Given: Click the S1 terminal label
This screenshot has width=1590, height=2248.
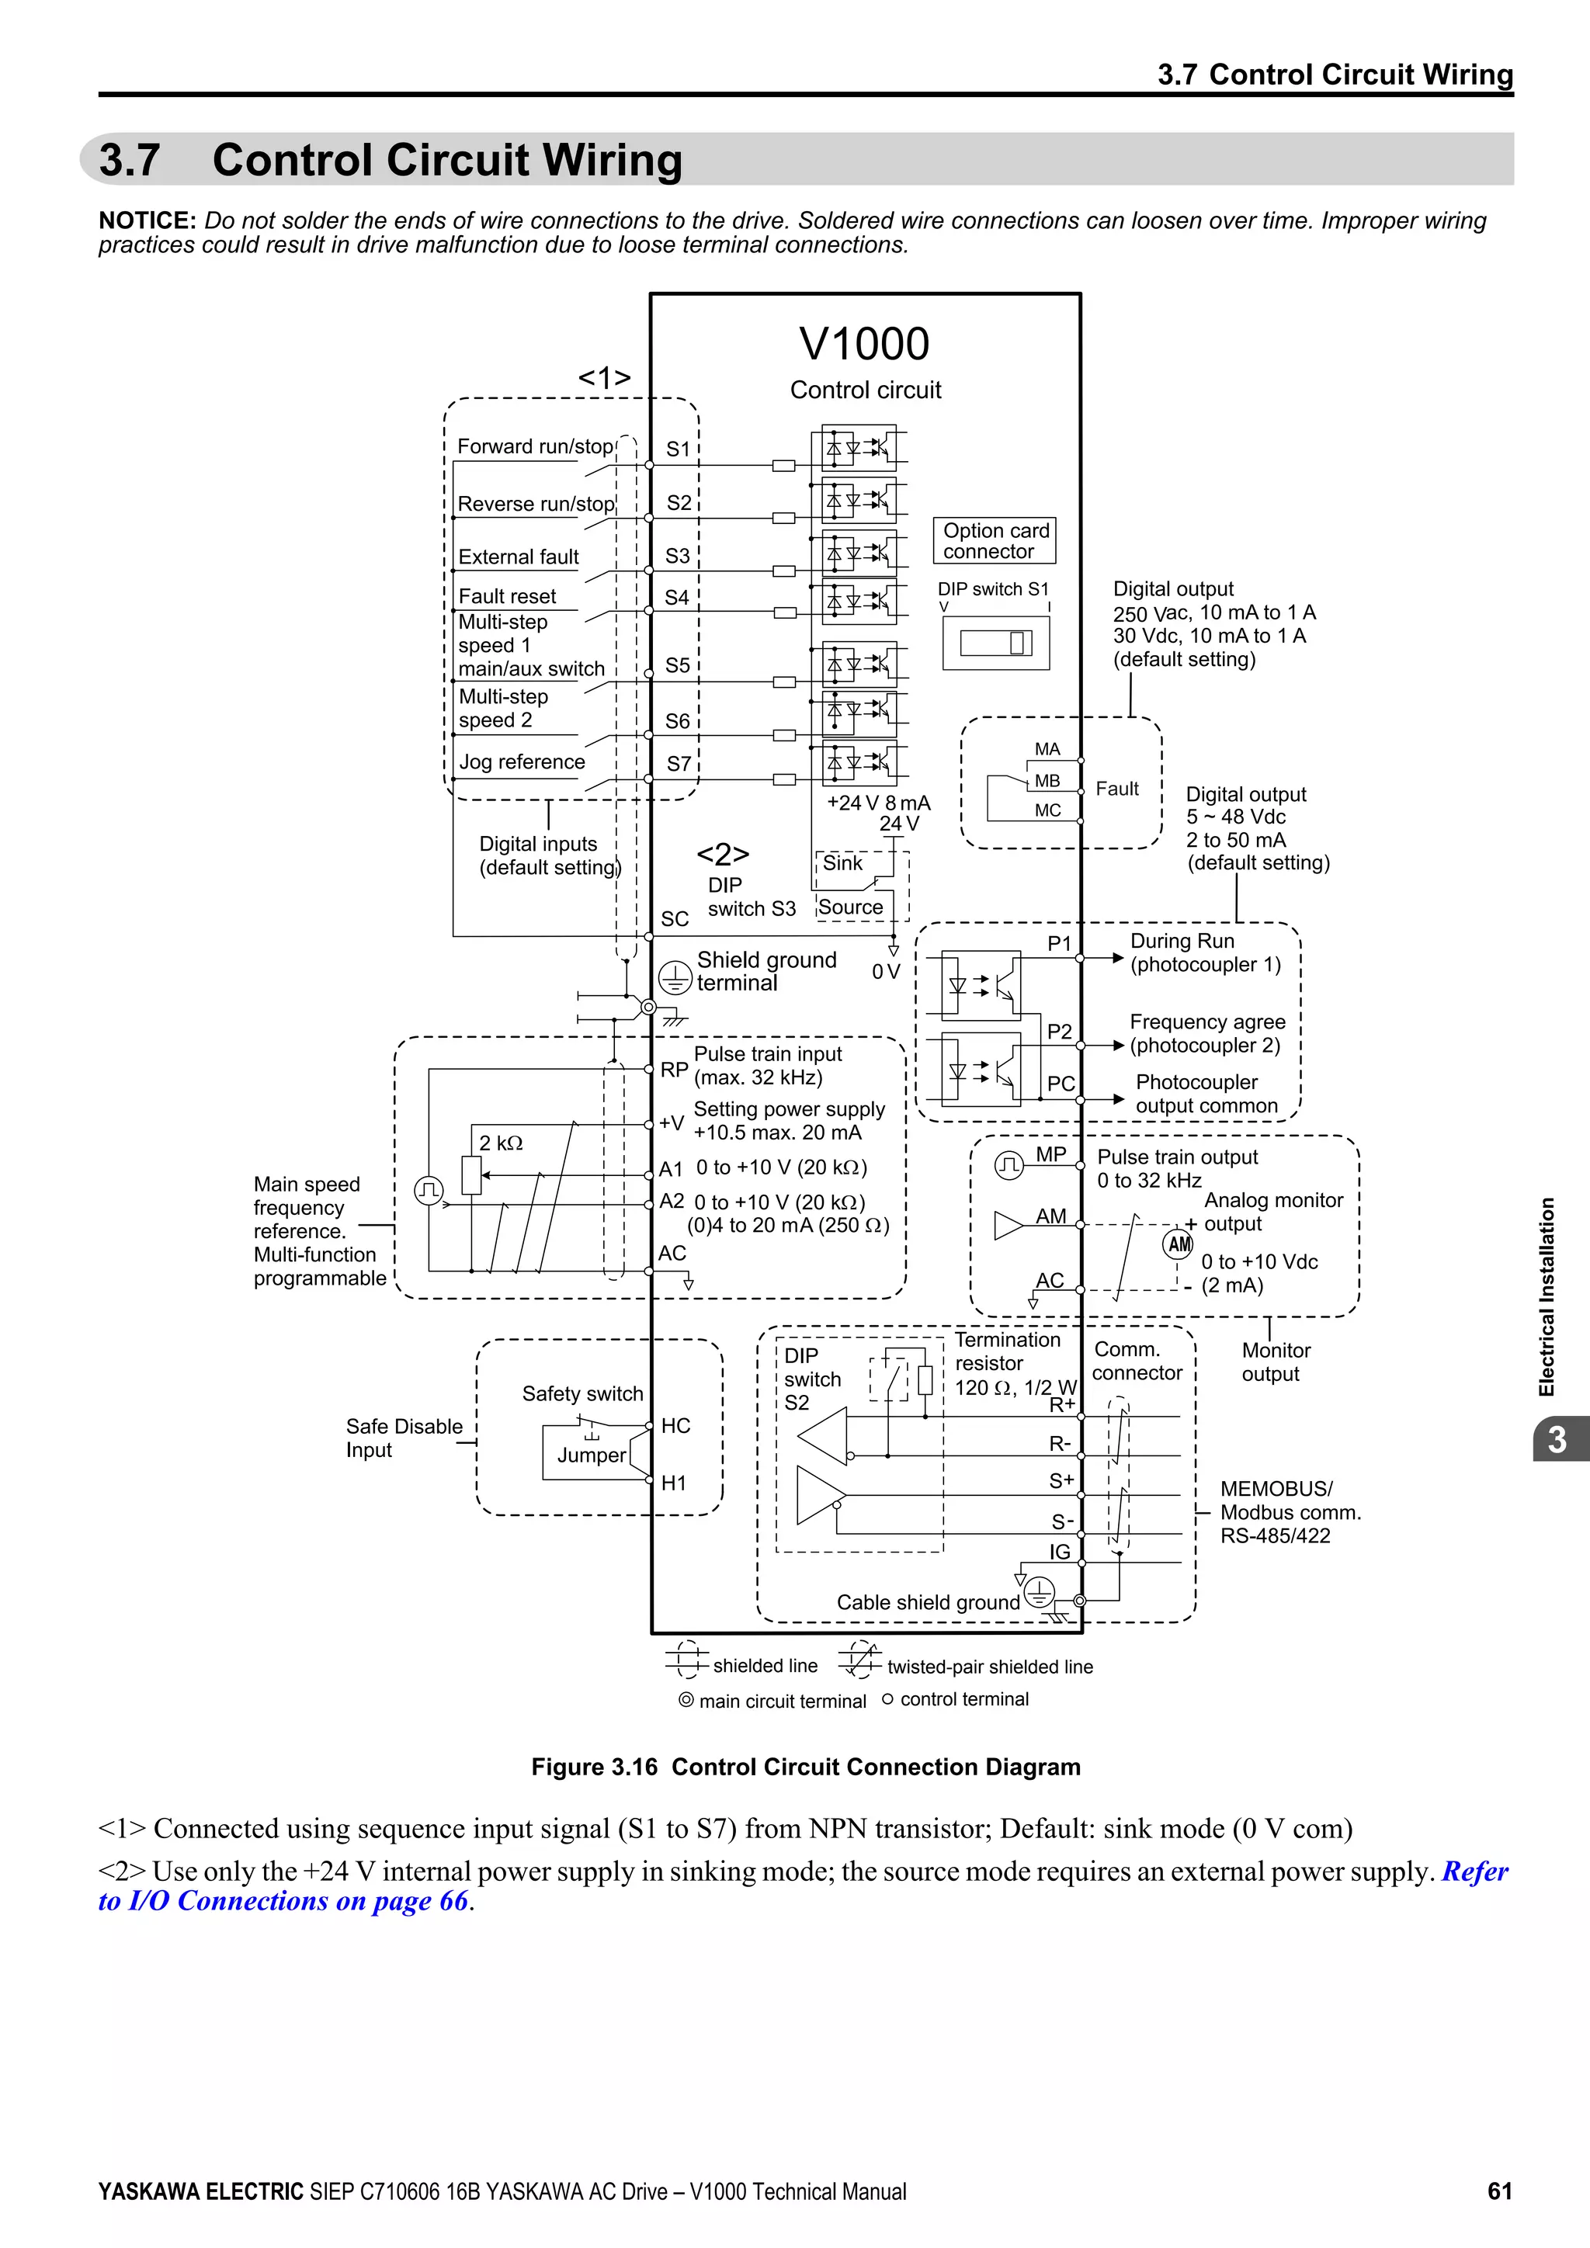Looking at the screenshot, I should coord(678,449).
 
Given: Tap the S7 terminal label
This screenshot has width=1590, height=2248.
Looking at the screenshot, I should coord(679,764).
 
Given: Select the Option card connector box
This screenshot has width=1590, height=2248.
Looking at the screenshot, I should coord(994,540).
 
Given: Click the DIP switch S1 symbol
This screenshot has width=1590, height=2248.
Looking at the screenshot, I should coord(996,644).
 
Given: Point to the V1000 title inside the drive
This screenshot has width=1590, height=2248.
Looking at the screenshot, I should coord(863,344).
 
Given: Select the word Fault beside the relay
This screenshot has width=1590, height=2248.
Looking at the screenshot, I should coord(1116,789).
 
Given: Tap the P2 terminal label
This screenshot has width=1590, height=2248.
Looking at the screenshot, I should coord(1059,1032).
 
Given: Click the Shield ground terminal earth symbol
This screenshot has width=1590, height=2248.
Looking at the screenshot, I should coord(675,977).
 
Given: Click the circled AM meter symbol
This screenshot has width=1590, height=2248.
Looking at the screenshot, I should coord(1178,1244).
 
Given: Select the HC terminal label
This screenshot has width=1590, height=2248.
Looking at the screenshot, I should coord(675,1425).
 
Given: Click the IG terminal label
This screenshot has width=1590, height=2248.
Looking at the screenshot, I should coord(1059,1552).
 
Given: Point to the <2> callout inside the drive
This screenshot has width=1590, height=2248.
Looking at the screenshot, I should coord(723,855).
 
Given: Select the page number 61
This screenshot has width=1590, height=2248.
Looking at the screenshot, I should coord(1499,2191).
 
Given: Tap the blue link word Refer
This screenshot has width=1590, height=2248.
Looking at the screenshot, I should coord(1474,1872).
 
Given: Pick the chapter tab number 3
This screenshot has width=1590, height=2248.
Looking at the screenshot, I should coord(1557,1439).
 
